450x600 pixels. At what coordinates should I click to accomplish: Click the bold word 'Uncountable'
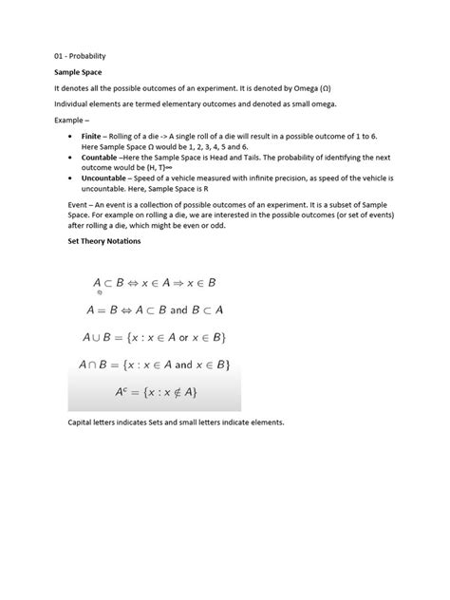coord(107,178)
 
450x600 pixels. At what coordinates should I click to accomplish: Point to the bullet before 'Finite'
coord(72,138)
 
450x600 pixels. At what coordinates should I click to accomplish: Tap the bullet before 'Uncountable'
coord(72,178)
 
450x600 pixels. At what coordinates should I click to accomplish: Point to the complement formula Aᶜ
coord(158,392)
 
